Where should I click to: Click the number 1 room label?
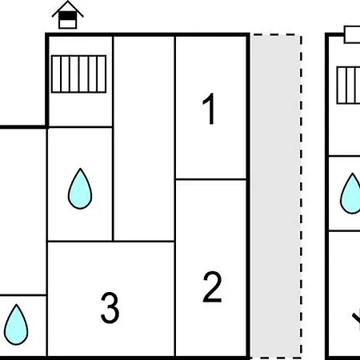pos(210,109)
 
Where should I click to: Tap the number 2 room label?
pos(212,286)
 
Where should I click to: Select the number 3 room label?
pos(110,308)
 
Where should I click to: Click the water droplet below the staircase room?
pos(80,189)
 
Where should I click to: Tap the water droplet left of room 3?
pos(16,325)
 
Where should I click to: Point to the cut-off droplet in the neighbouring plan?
pos(350,194)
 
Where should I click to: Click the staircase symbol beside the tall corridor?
pos(79,74)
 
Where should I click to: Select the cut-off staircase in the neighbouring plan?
pos(348,86)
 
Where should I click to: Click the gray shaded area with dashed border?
pos(276,196)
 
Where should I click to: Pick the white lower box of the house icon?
pos(67,24)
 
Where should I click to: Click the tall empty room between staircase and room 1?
pos(144,138)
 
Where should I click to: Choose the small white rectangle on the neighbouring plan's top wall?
pos(352,34)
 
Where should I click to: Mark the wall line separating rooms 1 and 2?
pos(210,179)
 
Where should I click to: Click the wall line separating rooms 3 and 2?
pos(175,298)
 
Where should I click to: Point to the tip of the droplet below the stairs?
pos(80,168)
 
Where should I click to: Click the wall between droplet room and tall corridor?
pos(113,184)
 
